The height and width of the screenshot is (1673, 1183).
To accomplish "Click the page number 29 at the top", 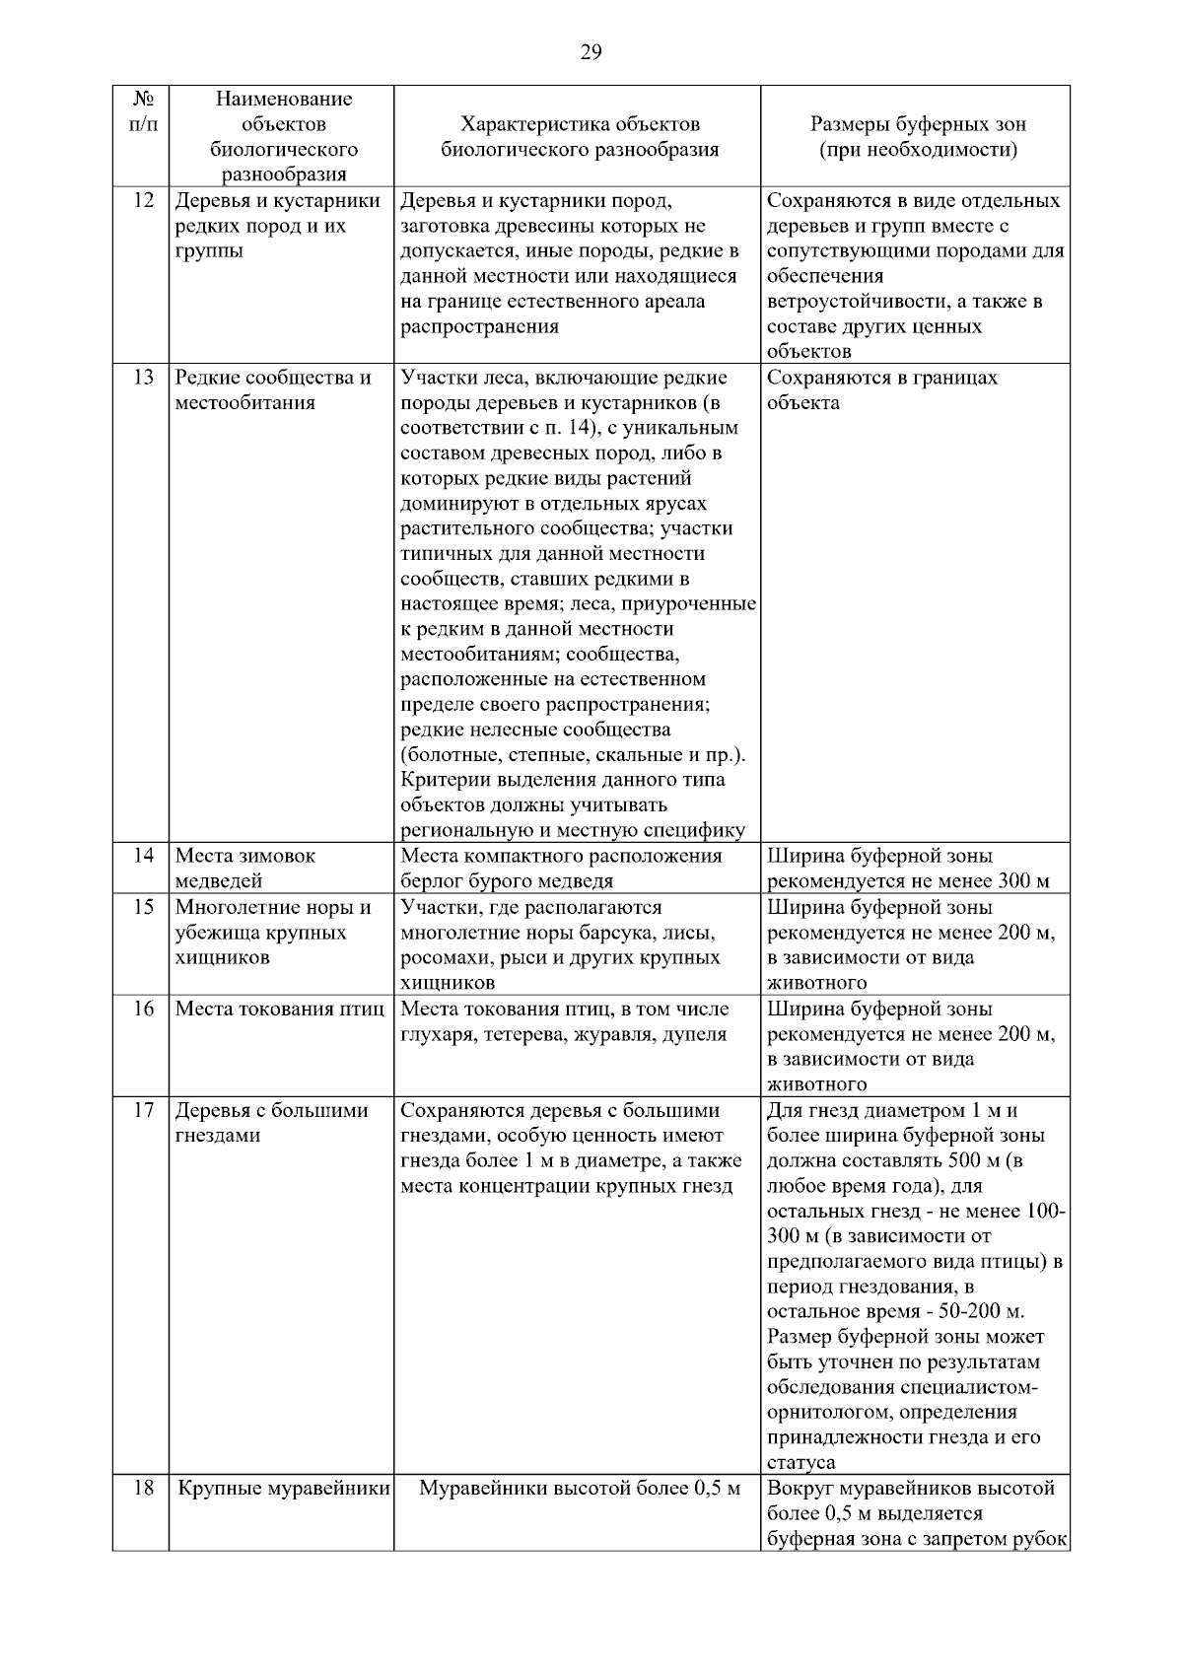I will point(591,52).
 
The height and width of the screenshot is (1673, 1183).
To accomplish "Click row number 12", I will point(143,201).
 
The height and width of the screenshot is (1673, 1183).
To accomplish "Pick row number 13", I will point(143,378).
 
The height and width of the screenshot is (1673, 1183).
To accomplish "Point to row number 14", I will point(143,856).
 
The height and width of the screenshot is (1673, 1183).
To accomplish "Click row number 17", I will point(143,1111).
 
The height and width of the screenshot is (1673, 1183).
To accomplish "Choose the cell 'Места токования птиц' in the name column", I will point(279,1010).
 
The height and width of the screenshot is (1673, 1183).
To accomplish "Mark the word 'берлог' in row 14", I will point(430,881).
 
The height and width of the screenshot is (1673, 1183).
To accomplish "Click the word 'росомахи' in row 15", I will point(438,958).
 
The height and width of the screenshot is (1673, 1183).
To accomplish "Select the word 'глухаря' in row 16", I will point(437,1034).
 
